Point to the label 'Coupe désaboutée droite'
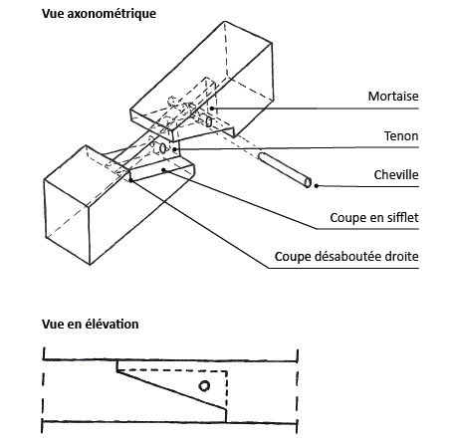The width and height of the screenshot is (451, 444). pyautogui.click(x=346, y=257)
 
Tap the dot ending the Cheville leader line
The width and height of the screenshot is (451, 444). pyautogui.click(x=310, y=182)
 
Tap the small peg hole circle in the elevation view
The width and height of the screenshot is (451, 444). pyautogui.click(x=204, y=385)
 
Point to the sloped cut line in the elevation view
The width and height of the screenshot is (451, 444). pyautogui.click(x=169, y=388)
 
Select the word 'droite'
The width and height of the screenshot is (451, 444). pyautogui.click(x=399, y=257)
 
